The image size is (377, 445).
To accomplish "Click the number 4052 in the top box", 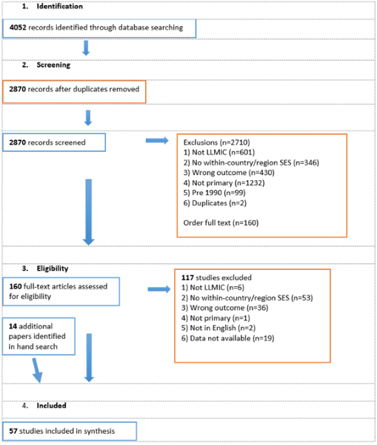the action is (x=18, y=27).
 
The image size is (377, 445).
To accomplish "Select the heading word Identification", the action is (x=60, y=6).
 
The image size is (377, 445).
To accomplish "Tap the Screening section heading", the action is (x=53, y=65).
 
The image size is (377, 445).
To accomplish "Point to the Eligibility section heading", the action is (x=53, y=268).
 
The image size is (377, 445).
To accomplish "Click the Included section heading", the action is (x=51, y=406).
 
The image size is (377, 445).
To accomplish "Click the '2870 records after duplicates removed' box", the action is (x=74, y=92).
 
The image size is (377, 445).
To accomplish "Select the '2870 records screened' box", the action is (x=54, y=142).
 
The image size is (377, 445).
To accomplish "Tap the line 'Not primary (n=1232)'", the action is (x=224, y=182).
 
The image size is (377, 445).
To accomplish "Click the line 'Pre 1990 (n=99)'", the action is (x=214, y=193).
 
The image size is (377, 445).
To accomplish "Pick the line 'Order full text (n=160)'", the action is (x=221, y=222).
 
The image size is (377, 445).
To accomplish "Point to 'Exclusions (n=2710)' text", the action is (x=216, y=142).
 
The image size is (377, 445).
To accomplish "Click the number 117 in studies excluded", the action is (x=187, y=277).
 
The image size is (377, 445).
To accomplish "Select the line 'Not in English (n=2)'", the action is (x=218, y=328).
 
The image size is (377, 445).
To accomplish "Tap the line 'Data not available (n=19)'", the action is (x=227, y=338).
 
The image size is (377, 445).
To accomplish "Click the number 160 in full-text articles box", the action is (x=16, y=286).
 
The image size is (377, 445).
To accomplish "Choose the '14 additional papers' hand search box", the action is (x=39, y=336).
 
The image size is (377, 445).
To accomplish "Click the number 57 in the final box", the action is (x=13, y=431).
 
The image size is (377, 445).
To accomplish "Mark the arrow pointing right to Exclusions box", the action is (x=157, y=140).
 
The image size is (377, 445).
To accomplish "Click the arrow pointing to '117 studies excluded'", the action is (x=159, y=289).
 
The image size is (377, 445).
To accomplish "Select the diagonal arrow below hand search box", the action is (x=37, y=370).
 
